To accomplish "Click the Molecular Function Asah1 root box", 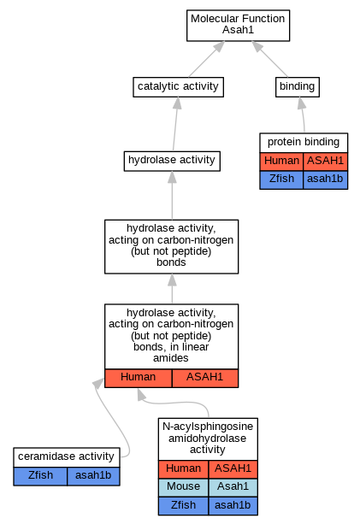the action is [238, 26].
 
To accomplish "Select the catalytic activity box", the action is [178, 87].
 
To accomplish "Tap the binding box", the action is [298, 87].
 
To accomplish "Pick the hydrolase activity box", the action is [172, 161].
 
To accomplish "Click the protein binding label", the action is [304, 142].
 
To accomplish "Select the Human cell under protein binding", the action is [281, 162].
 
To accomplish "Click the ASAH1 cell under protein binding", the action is [325, 162].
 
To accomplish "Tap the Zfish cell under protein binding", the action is [281, 180].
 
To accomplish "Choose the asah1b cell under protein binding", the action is [325, 180].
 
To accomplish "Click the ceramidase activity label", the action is [66, 456].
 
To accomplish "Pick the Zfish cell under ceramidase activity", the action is [40, 476].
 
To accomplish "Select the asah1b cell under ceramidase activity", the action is [93, 476].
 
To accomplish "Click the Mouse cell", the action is [184, 487].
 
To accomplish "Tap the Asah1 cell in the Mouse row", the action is [233, 487].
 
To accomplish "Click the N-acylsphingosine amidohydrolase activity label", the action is [208, 439].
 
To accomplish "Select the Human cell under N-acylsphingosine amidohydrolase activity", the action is [184, 469].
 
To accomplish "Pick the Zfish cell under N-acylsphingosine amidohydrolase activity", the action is [184, 505].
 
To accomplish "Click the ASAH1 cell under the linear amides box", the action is [205, 378].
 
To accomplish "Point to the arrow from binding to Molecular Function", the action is [270, 59].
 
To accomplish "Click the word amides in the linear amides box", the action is [171, 358].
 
